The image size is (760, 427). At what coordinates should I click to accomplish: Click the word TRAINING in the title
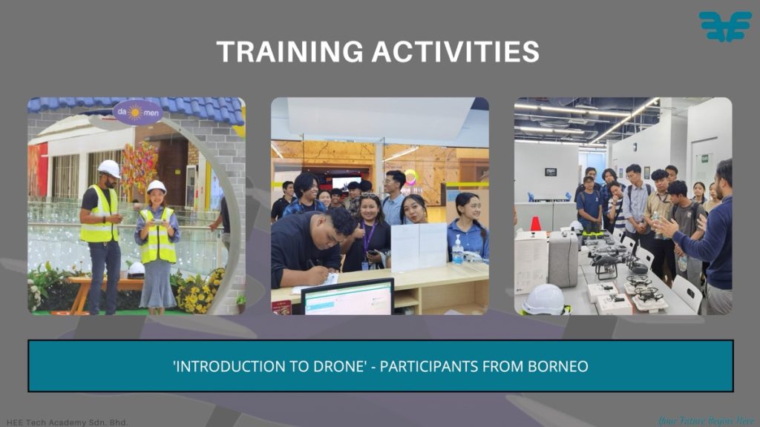pos(289,52)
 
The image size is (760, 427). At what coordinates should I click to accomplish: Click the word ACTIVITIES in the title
pos(456,52)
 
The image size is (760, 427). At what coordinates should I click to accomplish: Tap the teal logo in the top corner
pos(724,26)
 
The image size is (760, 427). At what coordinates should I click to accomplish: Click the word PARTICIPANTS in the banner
pos(429,366)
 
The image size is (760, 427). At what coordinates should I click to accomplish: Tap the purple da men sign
pos(137,113)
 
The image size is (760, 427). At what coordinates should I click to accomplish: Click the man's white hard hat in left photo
pos(110,168)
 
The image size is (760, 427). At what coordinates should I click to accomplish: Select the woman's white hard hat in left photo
pos(156,187)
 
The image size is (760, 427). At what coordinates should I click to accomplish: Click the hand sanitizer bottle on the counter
pos(457,250)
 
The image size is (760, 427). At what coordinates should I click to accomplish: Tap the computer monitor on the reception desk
pos(347,297)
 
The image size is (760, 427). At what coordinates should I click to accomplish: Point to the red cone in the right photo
pos(536,224)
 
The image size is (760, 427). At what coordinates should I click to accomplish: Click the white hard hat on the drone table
pos(544,299)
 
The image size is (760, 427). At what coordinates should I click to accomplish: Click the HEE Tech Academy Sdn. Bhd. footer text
pos(68,422)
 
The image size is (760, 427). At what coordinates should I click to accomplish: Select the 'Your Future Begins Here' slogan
pos(707,421)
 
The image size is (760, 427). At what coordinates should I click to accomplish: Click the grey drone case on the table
pos(563,259)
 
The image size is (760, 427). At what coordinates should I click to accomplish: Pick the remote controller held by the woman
pos(158,222)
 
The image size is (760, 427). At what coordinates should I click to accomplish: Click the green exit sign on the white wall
pos(705,159)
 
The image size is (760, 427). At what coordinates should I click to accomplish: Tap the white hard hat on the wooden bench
pos(137,269)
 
